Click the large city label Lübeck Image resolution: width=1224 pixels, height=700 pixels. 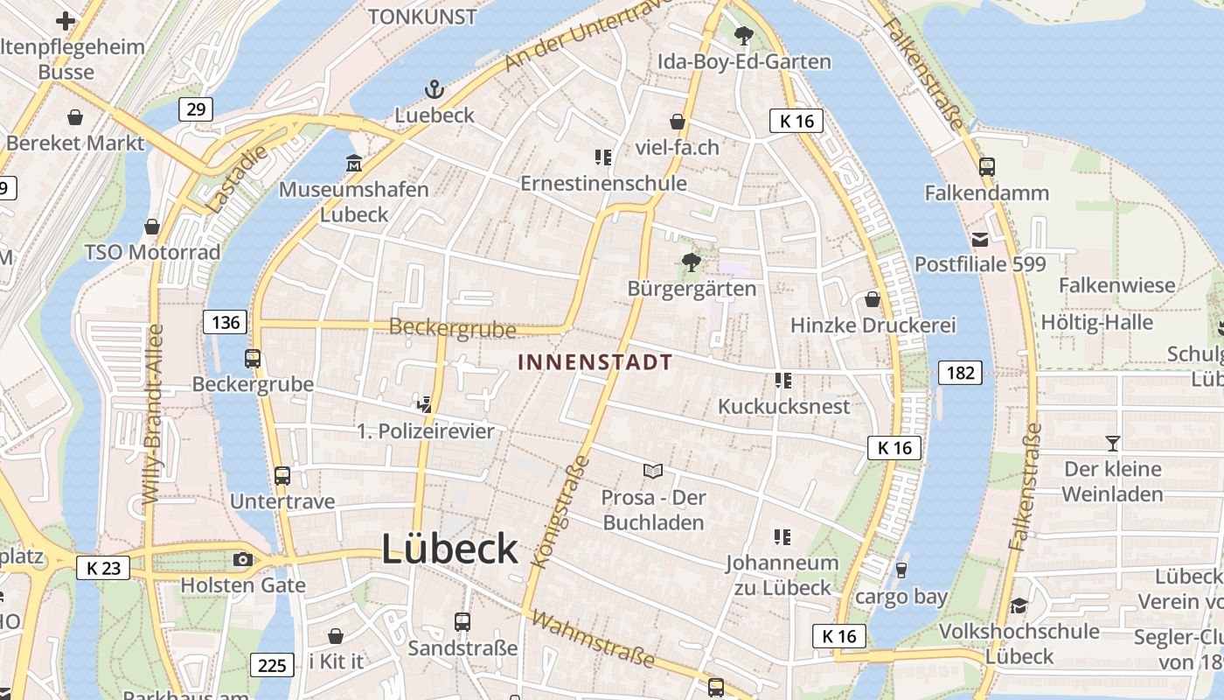click(x=449, y=549)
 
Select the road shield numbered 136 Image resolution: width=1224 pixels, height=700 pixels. click(x=226, y=322)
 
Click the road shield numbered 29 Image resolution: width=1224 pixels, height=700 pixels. click(x=196, y=109)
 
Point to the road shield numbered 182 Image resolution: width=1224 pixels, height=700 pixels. click(x=960, y=373)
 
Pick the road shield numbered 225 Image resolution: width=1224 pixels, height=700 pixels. click(x=272, y=665)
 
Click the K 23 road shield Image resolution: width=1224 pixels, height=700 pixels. click(x=103, y=568)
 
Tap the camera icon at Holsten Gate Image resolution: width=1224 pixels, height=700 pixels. click(x=243, y=560)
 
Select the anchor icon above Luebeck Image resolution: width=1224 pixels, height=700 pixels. click(x=435, y=89)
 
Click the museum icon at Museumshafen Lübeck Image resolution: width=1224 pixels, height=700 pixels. click(x=354, y=164)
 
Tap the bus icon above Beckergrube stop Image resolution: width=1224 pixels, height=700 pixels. click(x=253, y=358)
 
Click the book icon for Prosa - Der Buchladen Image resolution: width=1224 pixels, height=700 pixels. click(x=653, y=471)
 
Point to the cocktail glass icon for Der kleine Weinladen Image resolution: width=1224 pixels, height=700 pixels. click(x=1113, y=443)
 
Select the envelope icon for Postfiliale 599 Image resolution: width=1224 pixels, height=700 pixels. click(x=980, y=239)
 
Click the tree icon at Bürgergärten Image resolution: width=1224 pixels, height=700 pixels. click(x=692, y=262)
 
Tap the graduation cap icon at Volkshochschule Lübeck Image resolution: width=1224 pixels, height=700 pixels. click(x=1019, y=605)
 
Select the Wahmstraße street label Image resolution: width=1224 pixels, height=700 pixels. click(x=592, y=639)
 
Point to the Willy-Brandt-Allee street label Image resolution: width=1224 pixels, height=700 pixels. click(x=153, y=413)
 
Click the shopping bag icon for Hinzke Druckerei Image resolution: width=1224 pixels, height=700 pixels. click(x=872, y=299)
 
